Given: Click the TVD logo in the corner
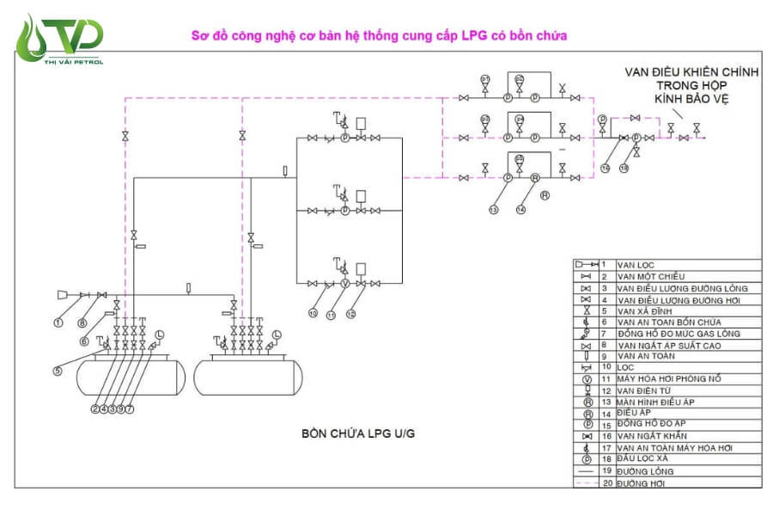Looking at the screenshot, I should [60, 39].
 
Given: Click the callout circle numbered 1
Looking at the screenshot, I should [59, 323].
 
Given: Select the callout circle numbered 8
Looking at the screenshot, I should [82, 323].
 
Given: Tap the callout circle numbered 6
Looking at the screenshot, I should [85, 341].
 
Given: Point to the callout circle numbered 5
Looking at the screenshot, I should [58, 371].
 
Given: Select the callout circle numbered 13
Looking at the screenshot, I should [494, 209].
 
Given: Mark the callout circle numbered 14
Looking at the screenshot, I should [520, 209].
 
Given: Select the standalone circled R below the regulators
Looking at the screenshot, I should [545, 194].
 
